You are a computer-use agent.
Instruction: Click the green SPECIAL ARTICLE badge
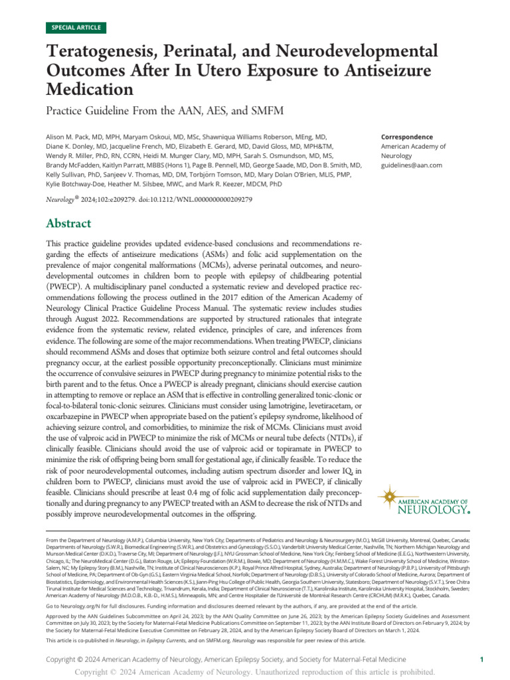75,28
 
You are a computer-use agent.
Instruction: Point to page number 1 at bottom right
481,660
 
